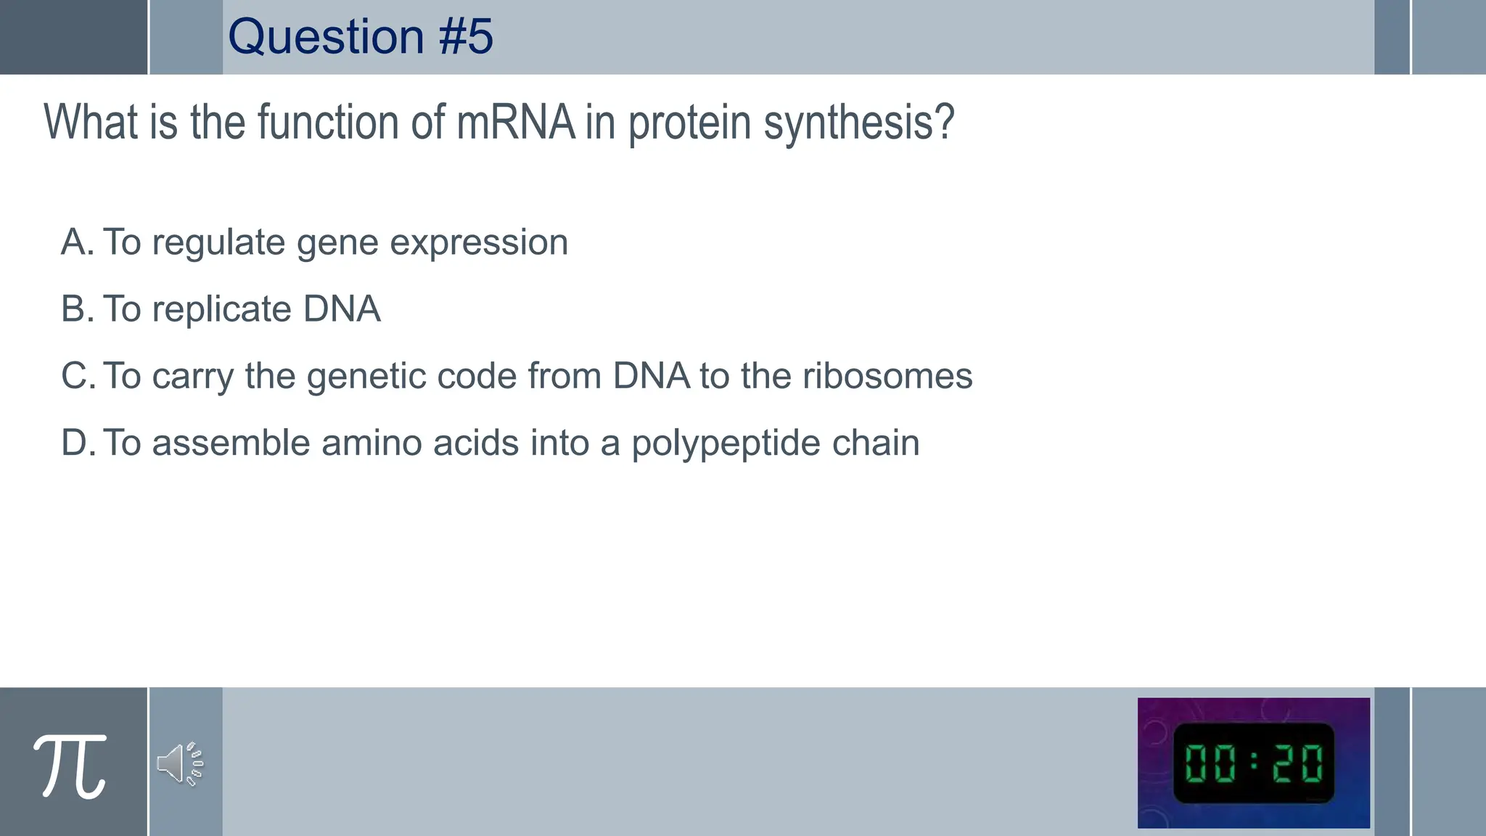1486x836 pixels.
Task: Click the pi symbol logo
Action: [x=70, y=766]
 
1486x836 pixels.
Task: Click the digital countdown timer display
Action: [x=1253, y=763]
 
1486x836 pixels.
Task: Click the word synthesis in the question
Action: [x=858, y=123]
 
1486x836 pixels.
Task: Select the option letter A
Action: [x=76, y=242]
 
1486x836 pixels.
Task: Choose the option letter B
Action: [x=76, y=309]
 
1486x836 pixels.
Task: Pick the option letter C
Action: [x=77, y=376]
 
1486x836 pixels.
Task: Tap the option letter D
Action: [x=77, y=443]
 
